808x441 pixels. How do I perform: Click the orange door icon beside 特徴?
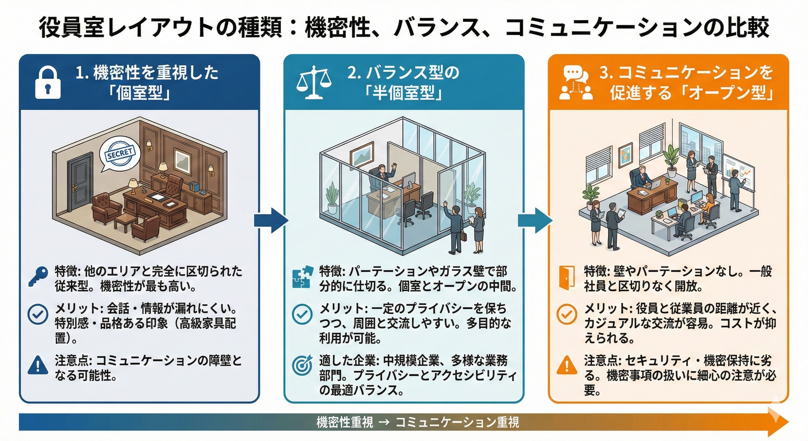point(566,277)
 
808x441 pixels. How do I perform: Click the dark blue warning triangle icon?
point(38,365)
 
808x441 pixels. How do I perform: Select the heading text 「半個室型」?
point(404,93)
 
